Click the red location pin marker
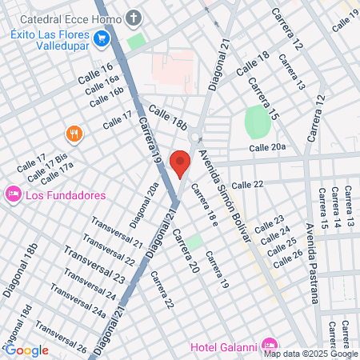(x=181, y=164)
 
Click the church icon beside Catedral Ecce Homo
(x=133, y=18)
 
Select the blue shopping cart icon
(x=101, y=38)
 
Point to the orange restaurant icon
(x=74, y=134)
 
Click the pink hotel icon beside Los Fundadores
(x=13, y=194)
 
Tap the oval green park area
(x=257, y=122)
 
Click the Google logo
(x=26, y=350)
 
